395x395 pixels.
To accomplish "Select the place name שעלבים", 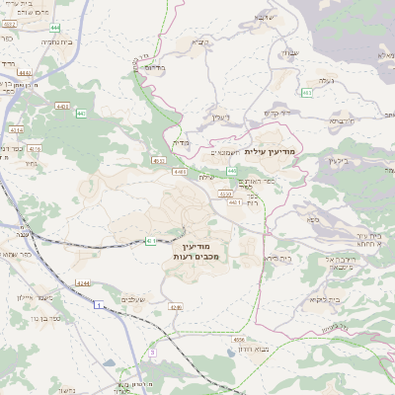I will [x=135, y=300].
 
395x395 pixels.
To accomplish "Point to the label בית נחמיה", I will [x=60, y=43].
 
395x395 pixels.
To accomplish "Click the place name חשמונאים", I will [x=227, y=153].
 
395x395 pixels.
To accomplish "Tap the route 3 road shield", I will [x=153, y=352].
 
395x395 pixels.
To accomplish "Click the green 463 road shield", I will [x=307, y=93].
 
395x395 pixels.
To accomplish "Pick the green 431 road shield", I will [x=151, y=240].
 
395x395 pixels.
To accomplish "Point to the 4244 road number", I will [x=83, y=283].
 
